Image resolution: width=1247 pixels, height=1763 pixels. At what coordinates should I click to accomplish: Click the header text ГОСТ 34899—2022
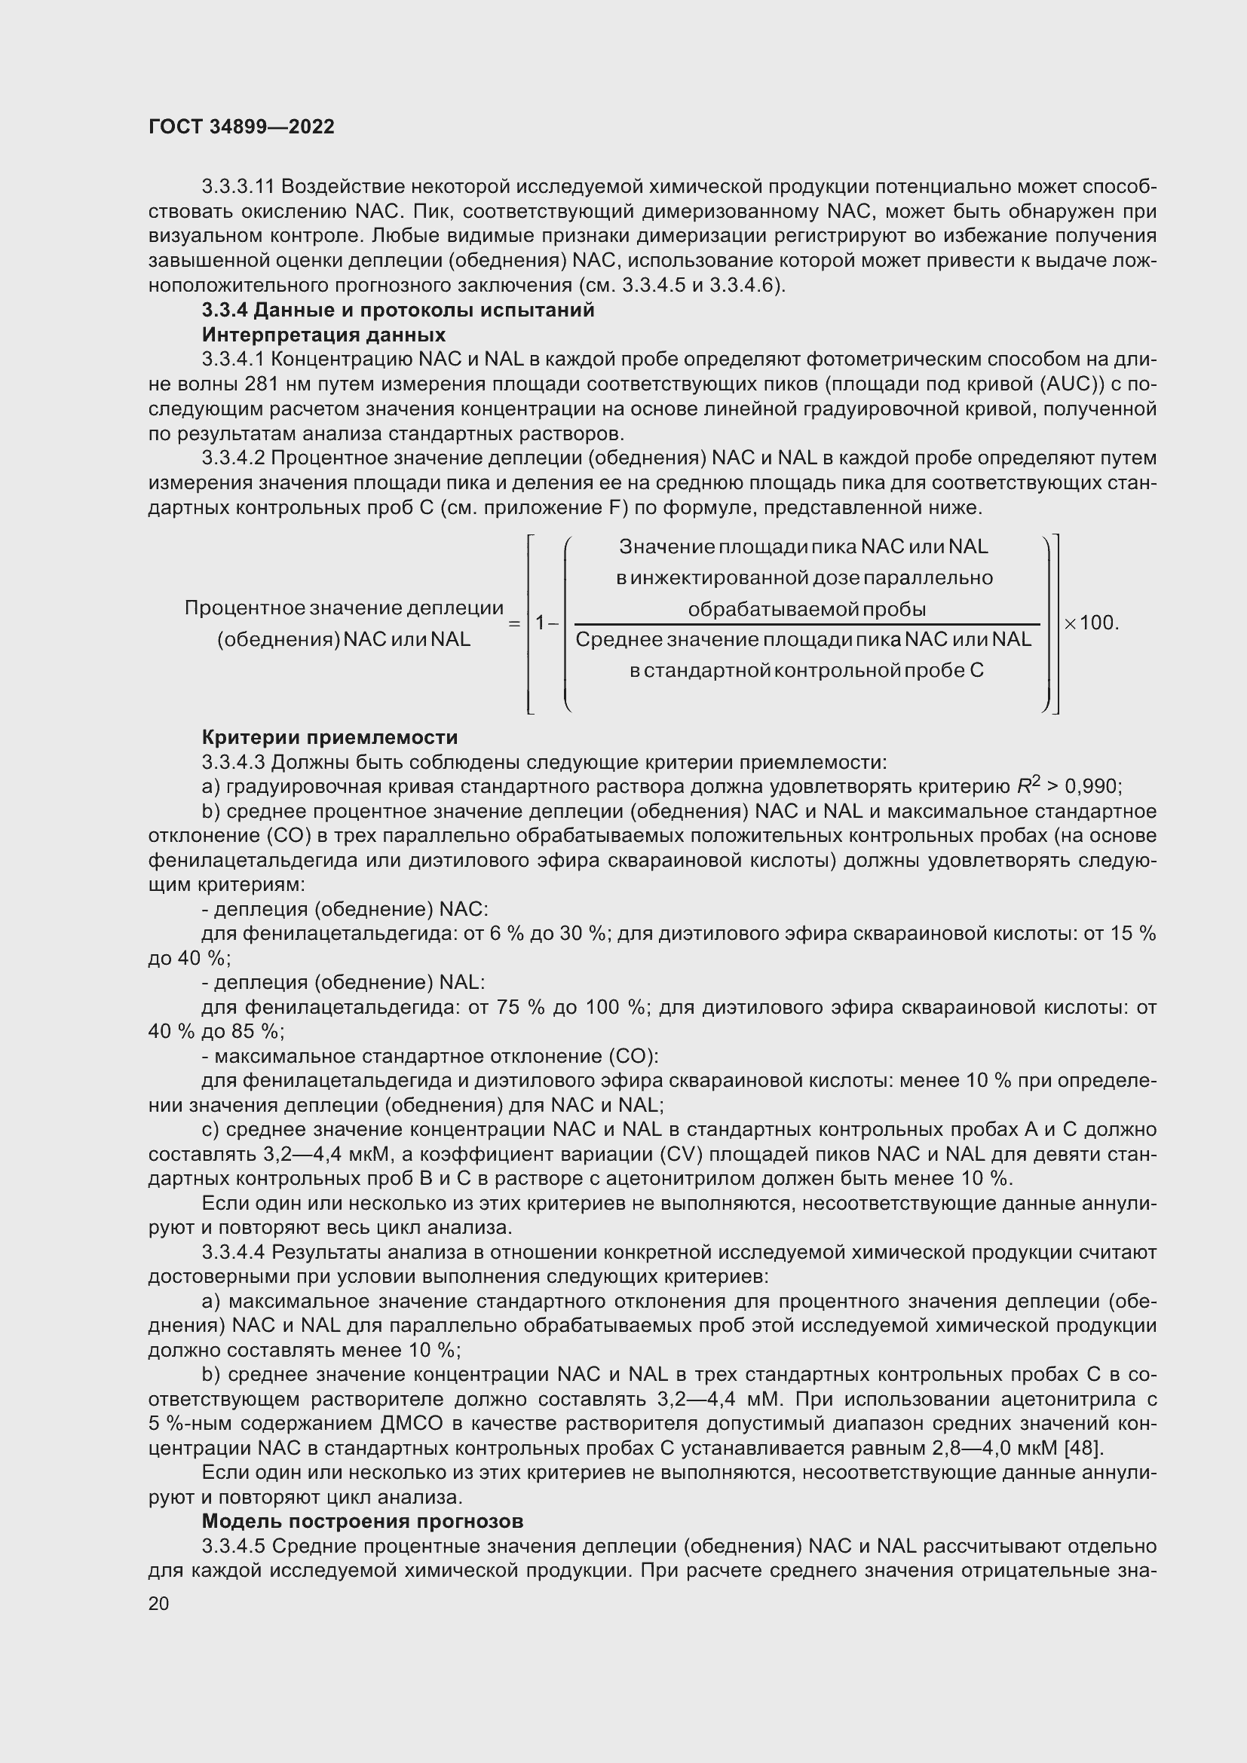click(x=241, y=127)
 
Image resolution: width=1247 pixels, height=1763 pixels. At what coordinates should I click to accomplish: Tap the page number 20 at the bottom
click(x=158, y=1603)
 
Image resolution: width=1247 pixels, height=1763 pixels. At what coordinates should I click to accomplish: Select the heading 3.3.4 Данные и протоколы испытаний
click(x=398, y=311)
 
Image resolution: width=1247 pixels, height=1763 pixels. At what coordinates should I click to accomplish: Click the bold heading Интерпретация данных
click(x=323, y=335)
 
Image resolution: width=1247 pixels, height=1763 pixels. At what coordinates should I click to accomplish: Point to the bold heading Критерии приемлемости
click(x=329, y=737)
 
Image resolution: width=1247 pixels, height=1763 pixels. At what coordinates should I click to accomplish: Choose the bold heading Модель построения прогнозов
click(x=363, y=1521)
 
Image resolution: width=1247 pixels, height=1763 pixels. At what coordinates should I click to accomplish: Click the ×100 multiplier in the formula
click(x=1090, y=623)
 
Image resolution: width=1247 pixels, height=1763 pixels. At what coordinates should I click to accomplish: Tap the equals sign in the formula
click(x=514, y=623)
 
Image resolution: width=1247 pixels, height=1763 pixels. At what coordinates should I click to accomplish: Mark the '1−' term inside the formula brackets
click(x=547, y=623)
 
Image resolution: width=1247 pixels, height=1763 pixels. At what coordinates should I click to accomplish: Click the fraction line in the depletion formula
click(x=806, y=624)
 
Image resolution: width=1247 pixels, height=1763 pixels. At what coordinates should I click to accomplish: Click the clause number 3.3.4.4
click(x=234, y=1253)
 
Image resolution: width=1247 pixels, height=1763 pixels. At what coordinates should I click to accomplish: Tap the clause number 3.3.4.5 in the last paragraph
click(x=234, y=1546)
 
